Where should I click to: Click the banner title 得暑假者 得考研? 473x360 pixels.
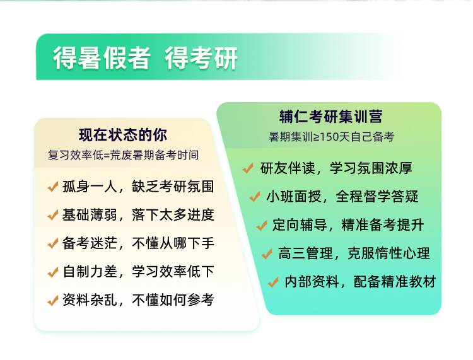point(146,58)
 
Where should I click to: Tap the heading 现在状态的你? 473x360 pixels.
point(123,135)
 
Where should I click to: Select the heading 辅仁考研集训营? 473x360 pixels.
point(330,117)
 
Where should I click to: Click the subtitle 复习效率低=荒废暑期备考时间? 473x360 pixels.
point(123,155)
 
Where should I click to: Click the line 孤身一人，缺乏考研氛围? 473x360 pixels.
point(138,187)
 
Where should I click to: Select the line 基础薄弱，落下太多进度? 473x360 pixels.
point(138,214)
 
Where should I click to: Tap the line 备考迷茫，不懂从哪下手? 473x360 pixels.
point(138,243)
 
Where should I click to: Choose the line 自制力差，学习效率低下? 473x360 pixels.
point(138,271)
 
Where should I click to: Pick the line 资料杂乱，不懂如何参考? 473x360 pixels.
point(138,299)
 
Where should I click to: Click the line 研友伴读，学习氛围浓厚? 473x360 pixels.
point(336,168)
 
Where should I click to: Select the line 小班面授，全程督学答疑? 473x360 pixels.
point(342,196)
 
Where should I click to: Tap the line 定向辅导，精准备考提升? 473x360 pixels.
point(348,224)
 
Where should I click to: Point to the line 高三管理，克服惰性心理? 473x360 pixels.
point(354,253)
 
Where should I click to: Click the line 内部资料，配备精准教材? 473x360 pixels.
point(360,281)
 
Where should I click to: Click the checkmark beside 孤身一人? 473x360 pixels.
point(53,187)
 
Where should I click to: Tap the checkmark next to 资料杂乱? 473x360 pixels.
point(53,300)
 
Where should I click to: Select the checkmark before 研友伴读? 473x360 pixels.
point(248,168)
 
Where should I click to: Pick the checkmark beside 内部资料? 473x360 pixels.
point(273,282)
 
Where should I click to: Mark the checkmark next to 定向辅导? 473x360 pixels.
point(262,225)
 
